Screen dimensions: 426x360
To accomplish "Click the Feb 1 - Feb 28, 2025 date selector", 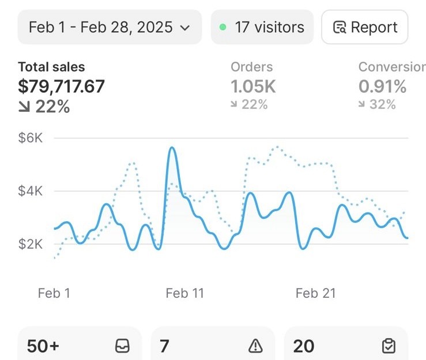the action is click(110, 27).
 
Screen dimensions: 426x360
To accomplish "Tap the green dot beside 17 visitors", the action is click(223, 27).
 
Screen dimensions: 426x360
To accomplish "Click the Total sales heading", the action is click(51, 67).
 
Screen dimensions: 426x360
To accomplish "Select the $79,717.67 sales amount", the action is click(62, 86).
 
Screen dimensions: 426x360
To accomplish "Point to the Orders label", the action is click(251, 67).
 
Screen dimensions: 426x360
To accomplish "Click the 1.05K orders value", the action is click(253, 86).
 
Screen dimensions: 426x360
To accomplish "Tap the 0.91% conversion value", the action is click(383, 86).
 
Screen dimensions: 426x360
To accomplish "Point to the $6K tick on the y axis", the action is click(31, 138).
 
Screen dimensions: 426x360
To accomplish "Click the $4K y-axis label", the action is click(31, 191).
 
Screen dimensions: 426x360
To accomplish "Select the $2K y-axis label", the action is click(31, 244).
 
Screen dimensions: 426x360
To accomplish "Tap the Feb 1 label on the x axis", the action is click(54, 293).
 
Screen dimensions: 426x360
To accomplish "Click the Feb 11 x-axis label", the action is click(184, 293).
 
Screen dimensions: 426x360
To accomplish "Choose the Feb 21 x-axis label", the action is click(316, 293).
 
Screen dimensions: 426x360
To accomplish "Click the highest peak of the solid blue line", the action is click(172, 147).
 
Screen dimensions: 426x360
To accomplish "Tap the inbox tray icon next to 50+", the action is click(122, 346).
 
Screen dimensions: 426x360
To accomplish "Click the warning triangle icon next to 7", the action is click(255, 346).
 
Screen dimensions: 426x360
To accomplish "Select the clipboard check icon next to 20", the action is click(389, 346).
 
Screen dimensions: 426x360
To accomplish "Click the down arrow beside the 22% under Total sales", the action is click(24, 107).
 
